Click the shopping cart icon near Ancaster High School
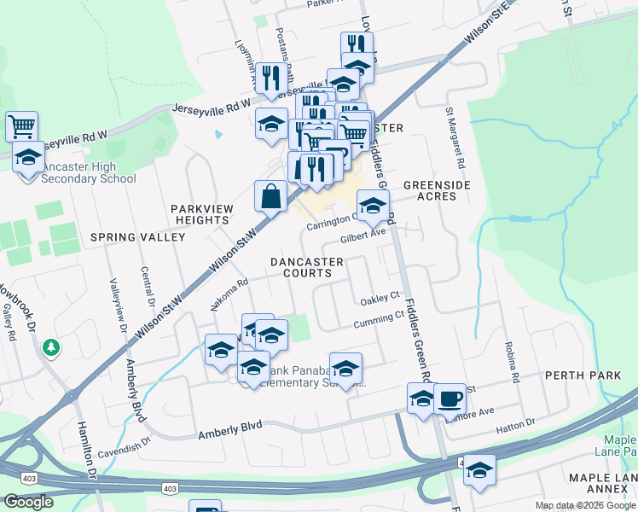[x=22, y=127]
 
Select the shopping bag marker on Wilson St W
[x=270, y=196]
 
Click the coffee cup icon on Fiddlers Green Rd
[x=449, y=399]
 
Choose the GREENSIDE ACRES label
[x=429, y=189]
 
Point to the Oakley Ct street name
[x=380, y=299]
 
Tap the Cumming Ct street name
[x=379, y=321]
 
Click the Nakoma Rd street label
[x=229, y=294]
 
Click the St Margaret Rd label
[x=454, y=137]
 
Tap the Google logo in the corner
[x=27, y=502]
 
